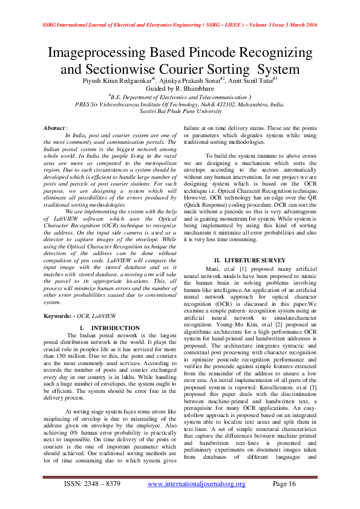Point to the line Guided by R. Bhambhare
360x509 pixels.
(180, 89)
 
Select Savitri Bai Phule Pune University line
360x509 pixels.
(180, 111)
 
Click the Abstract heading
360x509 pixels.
(56, 129)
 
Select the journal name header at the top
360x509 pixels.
(180, 26)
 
